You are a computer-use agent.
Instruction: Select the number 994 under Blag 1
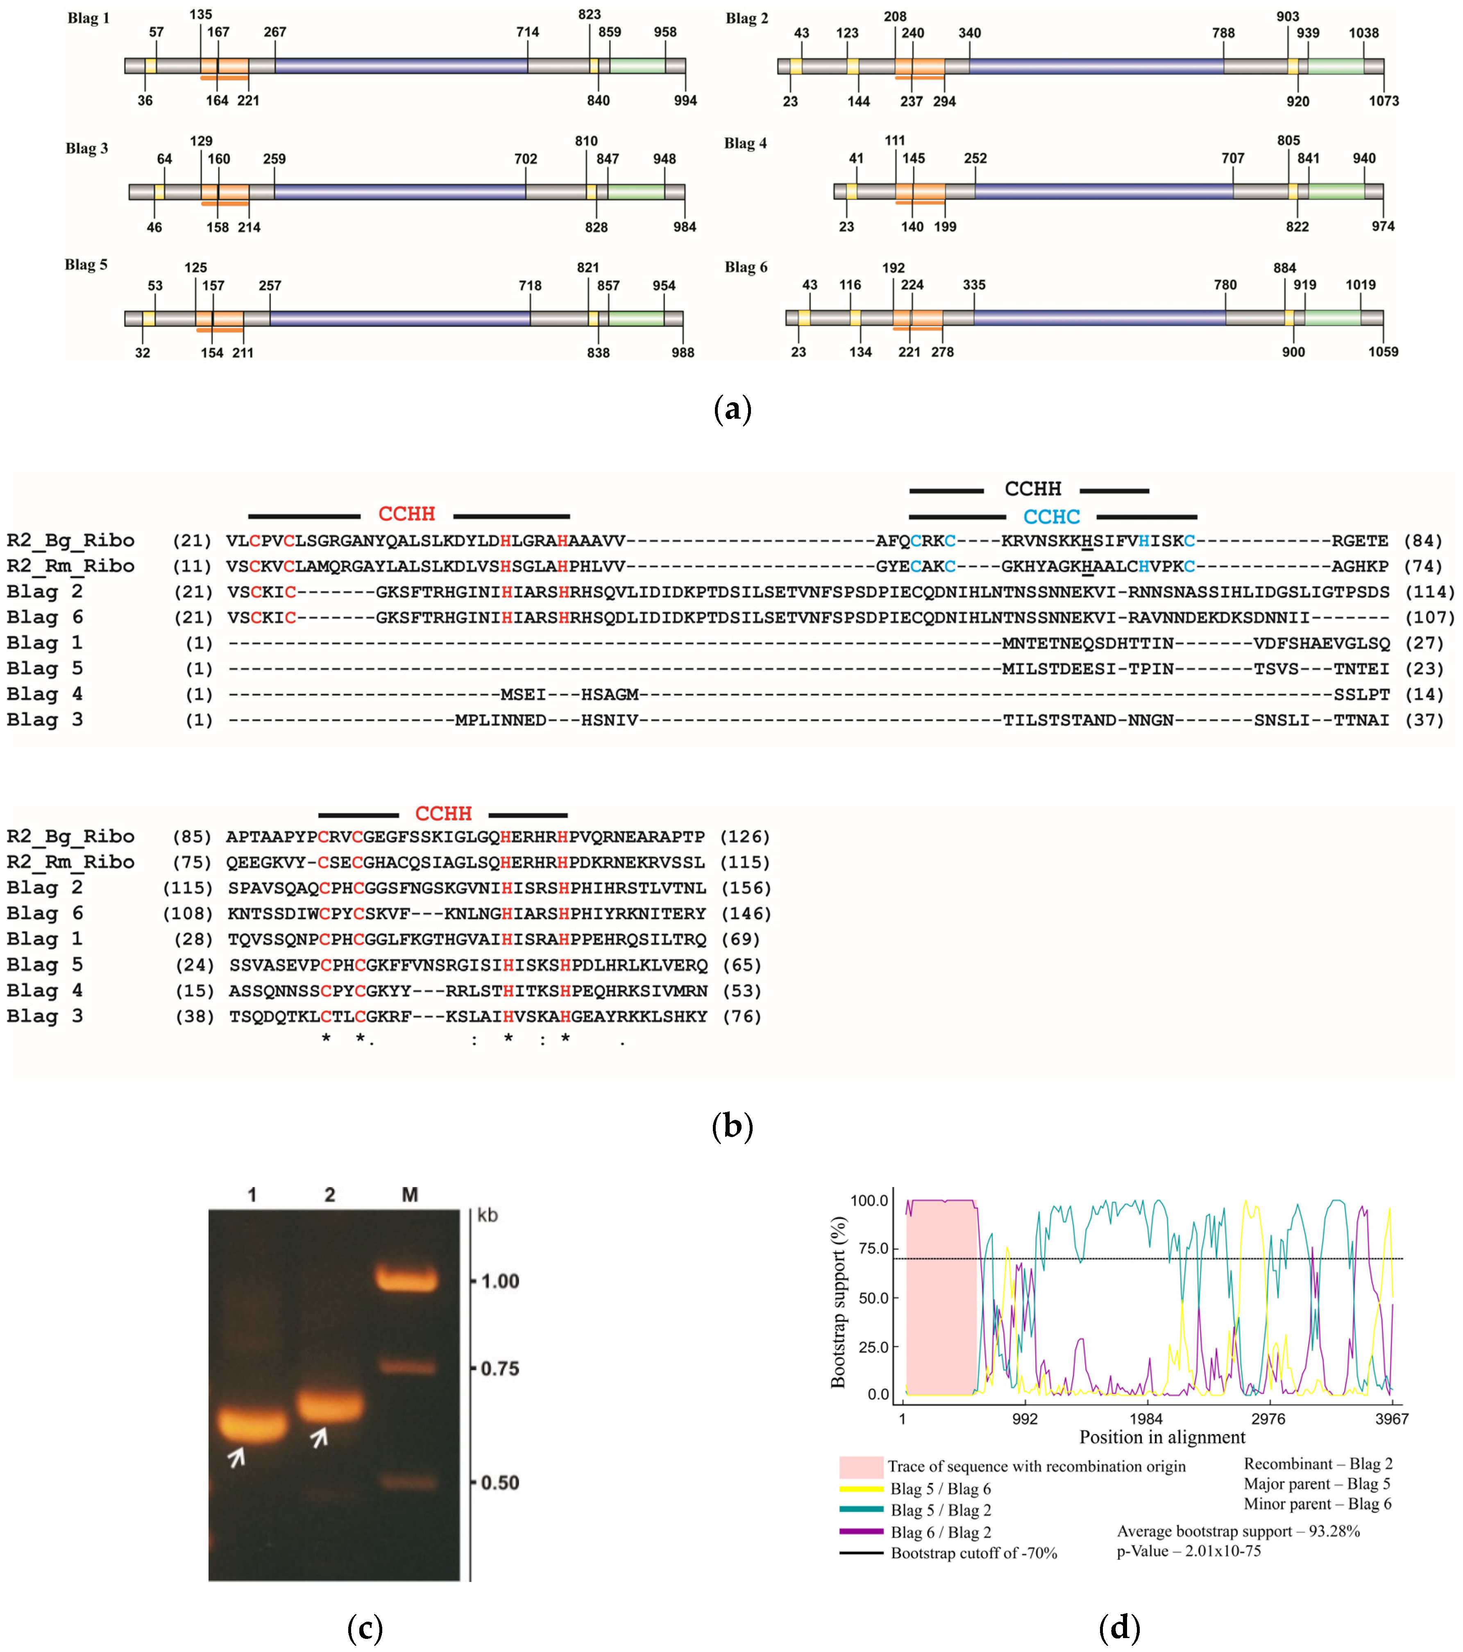pos(685,101)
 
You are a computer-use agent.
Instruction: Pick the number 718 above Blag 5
pos(530,286)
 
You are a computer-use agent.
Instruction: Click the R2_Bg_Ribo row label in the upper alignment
pos(70,541)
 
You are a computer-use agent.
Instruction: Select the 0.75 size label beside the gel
pos(495,1368)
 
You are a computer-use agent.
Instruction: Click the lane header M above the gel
pos(410,1194)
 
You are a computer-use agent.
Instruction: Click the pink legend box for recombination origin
pos(861,1467)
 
